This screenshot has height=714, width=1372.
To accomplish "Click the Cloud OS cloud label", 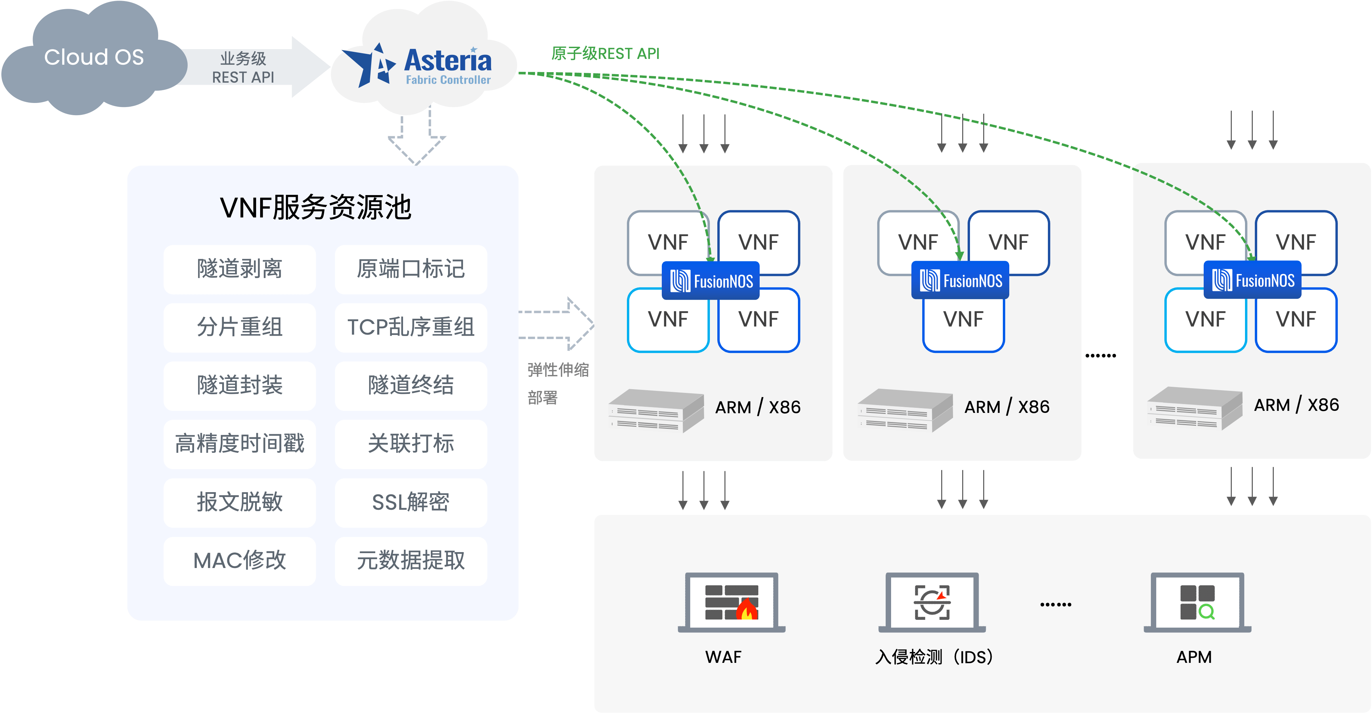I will (x=94, y=57).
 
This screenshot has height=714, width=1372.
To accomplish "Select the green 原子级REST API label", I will (x=605, y=54).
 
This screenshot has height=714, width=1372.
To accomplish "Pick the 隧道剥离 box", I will (x=240, y=269).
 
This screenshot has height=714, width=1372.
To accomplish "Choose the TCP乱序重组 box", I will (x=410, y=327).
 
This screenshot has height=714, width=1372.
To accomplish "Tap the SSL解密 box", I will (x=410, y=502).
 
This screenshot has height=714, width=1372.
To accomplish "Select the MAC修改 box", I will (x=240, y=561).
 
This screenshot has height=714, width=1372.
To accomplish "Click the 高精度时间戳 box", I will (x=240, y=444).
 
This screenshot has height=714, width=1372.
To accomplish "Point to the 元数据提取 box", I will (x=410, y=561).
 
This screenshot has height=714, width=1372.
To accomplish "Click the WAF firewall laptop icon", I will (x=731, y=603).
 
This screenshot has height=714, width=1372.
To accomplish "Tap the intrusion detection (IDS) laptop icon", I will (x=932, y=603).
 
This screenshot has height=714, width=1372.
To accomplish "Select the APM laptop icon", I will (x=1197, y=603).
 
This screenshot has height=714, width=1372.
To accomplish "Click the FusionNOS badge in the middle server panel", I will (x=960, y=280).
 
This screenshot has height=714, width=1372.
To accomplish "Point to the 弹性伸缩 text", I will (x=558, y=370).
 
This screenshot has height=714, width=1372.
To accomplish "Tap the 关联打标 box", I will (x=410, y=444).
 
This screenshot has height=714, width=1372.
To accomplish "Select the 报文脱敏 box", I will (x=240, y=502).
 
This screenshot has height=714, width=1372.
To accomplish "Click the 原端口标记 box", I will (x=410, y=269).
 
